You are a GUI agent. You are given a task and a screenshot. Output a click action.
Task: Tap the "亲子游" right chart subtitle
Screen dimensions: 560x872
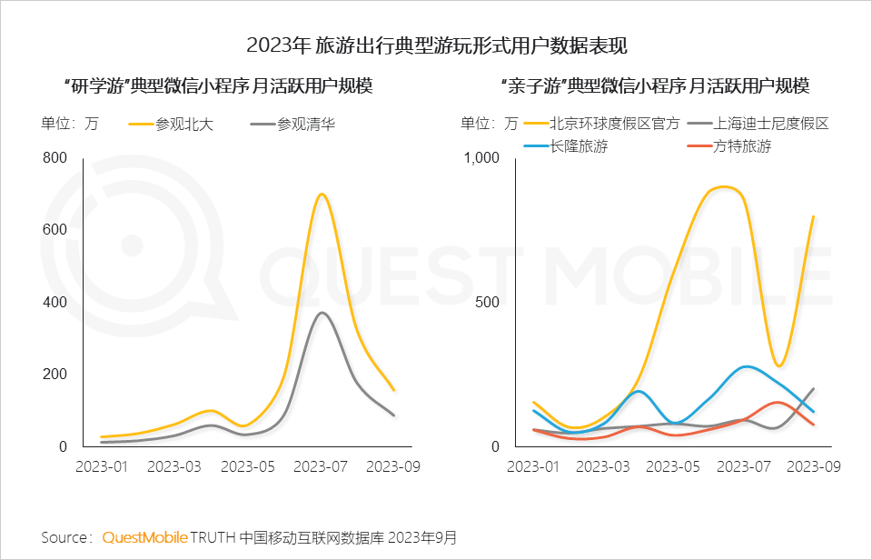pyautogui.click(x=654, y=86)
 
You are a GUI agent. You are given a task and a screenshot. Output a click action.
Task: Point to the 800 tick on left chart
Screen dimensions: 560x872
pyautogui.click(x=55, y=157)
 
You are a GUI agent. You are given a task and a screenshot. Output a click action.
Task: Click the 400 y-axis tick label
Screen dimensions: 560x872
pyautogui.click(x=55, y=302)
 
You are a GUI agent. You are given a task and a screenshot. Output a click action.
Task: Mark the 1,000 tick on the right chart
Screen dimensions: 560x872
pyautogui.click(x=482, y=157)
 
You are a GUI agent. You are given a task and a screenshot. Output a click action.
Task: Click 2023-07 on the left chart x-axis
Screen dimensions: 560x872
pyautogui.click(x=322, y=466)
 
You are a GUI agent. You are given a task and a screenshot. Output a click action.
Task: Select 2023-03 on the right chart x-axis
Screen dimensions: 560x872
pyautogui.click(x=603, y=466)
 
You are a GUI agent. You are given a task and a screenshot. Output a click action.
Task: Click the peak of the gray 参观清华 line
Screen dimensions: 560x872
pyautogui.click(x=322, y=313)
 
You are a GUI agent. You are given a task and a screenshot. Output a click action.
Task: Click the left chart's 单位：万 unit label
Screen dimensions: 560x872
pyautogui.click(x=69, y=124)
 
